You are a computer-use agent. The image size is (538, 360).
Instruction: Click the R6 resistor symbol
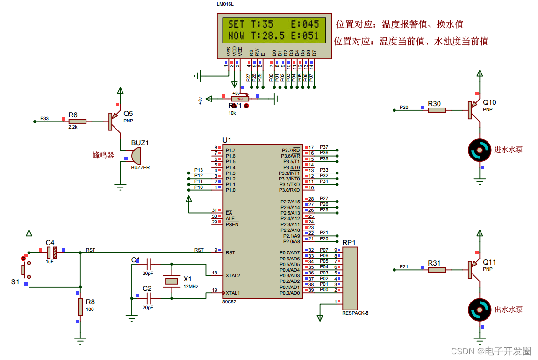point(77,122)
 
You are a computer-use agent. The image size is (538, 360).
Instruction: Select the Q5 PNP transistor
point(112,122)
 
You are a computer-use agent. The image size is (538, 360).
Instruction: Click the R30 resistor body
point(437,110)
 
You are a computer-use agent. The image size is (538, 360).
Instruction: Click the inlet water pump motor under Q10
point(479,150)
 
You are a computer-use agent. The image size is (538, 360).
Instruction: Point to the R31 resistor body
point(437,270)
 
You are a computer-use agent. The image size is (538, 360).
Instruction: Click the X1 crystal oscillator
point(172,281)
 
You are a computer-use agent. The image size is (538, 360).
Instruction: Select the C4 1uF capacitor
point(51,253)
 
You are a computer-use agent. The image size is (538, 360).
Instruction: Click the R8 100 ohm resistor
point(80,307)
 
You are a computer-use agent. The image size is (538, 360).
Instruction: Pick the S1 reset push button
point(24,270)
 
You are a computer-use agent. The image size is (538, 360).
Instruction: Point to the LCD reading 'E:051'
point(305,36)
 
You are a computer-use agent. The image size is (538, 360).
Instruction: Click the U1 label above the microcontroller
point(227,140)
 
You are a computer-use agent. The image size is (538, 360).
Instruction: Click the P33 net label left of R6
point(44,119)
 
